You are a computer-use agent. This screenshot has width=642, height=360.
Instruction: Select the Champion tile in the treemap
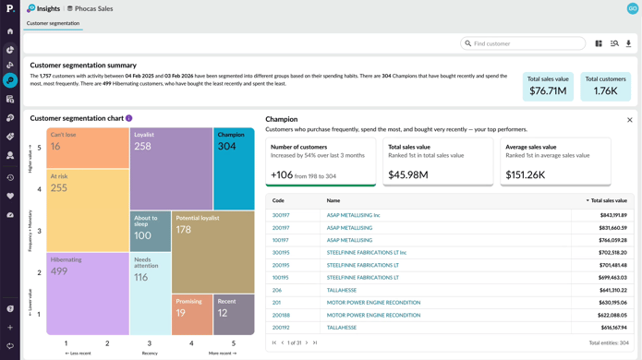(234, 169)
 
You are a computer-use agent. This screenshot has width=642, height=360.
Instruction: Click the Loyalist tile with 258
(171, 169)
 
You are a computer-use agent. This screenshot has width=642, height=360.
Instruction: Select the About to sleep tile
(150, 232)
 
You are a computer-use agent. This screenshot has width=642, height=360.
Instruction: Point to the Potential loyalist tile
(212, 251)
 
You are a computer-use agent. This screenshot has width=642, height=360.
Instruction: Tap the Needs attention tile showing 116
(150, 294)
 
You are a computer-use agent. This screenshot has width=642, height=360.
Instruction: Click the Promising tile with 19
(192, 315)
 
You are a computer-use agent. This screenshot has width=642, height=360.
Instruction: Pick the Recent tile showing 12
(234, 315)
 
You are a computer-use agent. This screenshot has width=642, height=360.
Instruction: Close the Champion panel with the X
(630, 120)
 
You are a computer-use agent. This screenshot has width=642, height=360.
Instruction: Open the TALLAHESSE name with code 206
(342, 290)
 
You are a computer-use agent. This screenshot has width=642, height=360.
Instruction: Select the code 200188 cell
(281, 315)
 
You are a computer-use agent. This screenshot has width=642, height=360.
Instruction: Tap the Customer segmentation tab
(53, 23)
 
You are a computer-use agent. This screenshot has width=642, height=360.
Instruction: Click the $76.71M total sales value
(547, 90)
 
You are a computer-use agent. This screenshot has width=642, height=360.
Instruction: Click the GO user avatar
(632, 8)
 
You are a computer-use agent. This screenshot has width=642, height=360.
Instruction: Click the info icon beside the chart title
(128, 118)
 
